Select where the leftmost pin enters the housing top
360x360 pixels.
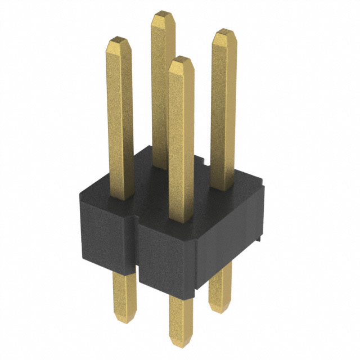[x=121, y=197]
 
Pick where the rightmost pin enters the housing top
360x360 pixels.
[x=223, y=188]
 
